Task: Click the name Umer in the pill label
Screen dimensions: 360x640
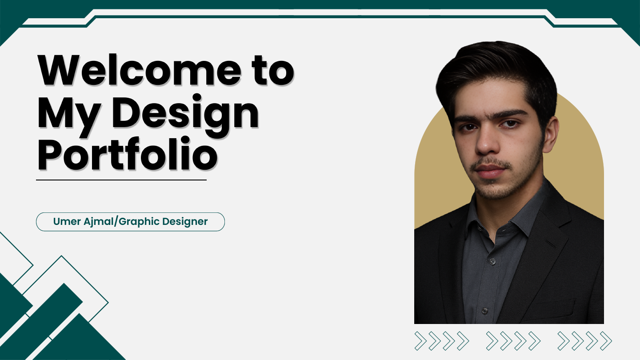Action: pyautogui.click(x=67, y=221)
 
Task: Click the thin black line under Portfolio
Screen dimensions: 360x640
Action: pyautogui.click(x=121, y=180)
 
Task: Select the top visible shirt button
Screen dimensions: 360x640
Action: pyautogui.click(x=492, y=261)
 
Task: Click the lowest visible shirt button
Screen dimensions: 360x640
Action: pyautogui.click(x=484, y=310)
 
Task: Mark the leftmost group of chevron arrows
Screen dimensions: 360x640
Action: pyautogui.click(x=442, y=341)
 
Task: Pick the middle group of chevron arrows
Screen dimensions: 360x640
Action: pyautogui.click(x=513, y=341)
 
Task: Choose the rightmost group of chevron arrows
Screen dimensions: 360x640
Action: pyautogui.click(x=584, y=341)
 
